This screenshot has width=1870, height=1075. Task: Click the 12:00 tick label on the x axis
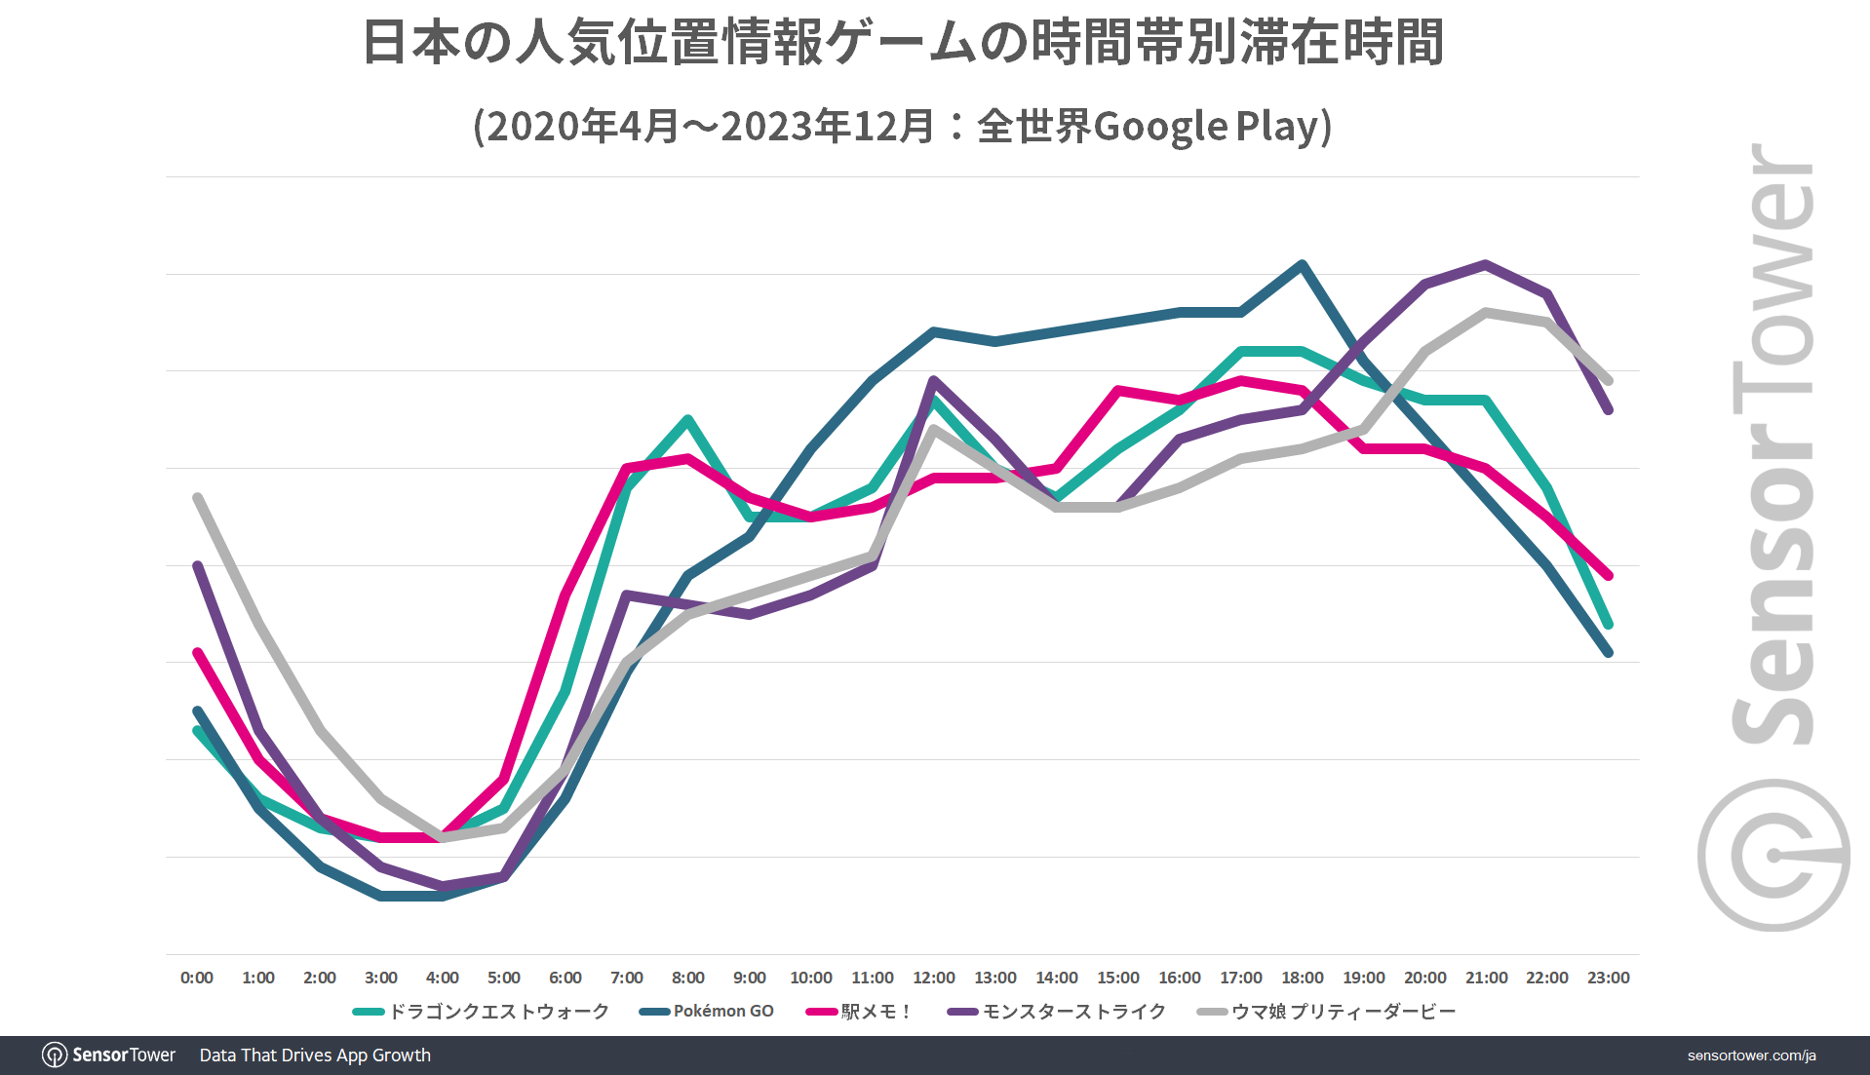(x=933, y=978)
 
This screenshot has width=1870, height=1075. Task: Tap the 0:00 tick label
(x=197, y=978)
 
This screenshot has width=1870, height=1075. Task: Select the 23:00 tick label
(x=1608, y=978)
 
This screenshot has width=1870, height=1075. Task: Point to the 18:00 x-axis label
(x=1302, y=978)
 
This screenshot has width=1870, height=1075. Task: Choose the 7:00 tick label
(x=626, y=978)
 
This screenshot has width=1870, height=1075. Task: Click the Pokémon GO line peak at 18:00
(x=1302, y=264)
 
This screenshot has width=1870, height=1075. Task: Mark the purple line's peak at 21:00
(x=1485, y=264)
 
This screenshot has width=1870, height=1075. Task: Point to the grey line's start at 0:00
(x=198, y=498)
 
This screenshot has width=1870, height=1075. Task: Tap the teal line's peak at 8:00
(x=688, y=419)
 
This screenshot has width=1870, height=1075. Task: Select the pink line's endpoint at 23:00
(x=1608, y=575)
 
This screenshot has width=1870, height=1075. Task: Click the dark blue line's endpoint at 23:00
(x=1608, y=652)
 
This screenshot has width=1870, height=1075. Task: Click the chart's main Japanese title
(x=902, y=43)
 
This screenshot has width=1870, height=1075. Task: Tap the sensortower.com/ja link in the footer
(x=1751, y=1056)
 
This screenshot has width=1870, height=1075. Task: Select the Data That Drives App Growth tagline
(x=315, y=1056)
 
